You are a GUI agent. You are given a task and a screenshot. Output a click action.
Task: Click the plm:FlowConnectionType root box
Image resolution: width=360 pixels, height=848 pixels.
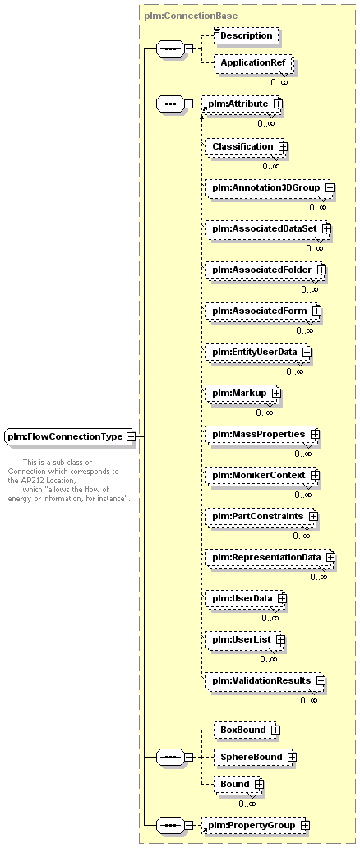(x=69, y=436)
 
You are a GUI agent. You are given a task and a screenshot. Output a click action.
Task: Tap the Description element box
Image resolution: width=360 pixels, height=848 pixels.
(x=246, y=35)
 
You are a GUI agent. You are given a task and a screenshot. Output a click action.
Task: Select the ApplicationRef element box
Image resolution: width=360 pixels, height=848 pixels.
(x=252, y=62)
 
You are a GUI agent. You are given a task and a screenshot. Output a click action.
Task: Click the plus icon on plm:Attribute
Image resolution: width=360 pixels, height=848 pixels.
(x=278, y=104)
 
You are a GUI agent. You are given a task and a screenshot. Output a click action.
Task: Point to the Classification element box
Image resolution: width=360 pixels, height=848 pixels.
(x=246, y=146)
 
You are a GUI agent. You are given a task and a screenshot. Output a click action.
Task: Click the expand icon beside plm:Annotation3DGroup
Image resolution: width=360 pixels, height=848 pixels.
(x=330, y=187)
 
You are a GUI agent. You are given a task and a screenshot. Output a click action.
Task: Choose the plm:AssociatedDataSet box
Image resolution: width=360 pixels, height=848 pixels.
(x=268, y=228)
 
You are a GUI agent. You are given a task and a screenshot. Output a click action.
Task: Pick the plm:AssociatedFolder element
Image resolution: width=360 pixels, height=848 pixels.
(x=265, y=270)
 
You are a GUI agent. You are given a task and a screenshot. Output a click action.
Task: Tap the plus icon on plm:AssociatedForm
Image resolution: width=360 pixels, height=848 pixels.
(x=316, y=311)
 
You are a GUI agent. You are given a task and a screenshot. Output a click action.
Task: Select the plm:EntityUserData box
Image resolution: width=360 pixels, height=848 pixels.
(x=259, y=352)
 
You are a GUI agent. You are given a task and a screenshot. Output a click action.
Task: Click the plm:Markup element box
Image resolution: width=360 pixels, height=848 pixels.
(x=243, y=393)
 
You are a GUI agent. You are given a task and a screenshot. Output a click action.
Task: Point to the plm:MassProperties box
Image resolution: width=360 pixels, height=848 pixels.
(x=262, y=435)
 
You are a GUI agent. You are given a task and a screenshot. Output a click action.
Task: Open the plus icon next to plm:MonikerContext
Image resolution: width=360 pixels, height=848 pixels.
(x=315, y=476)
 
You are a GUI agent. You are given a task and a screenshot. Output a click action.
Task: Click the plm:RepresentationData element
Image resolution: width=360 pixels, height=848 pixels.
(x=270, y=557)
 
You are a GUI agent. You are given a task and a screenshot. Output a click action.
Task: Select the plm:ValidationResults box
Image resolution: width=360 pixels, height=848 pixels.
(x=265, y=680)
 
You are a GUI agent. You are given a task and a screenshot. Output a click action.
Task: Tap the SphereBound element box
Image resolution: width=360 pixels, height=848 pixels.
(x=255, y=757)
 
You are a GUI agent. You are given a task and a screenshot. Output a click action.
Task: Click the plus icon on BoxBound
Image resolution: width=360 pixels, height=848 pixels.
(x=275, y=730)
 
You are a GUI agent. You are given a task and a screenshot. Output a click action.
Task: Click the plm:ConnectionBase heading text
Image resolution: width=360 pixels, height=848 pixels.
(x=192, y=16)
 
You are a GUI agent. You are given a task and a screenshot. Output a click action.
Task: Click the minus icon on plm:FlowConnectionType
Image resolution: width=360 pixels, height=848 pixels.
(x=130, y=436)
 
